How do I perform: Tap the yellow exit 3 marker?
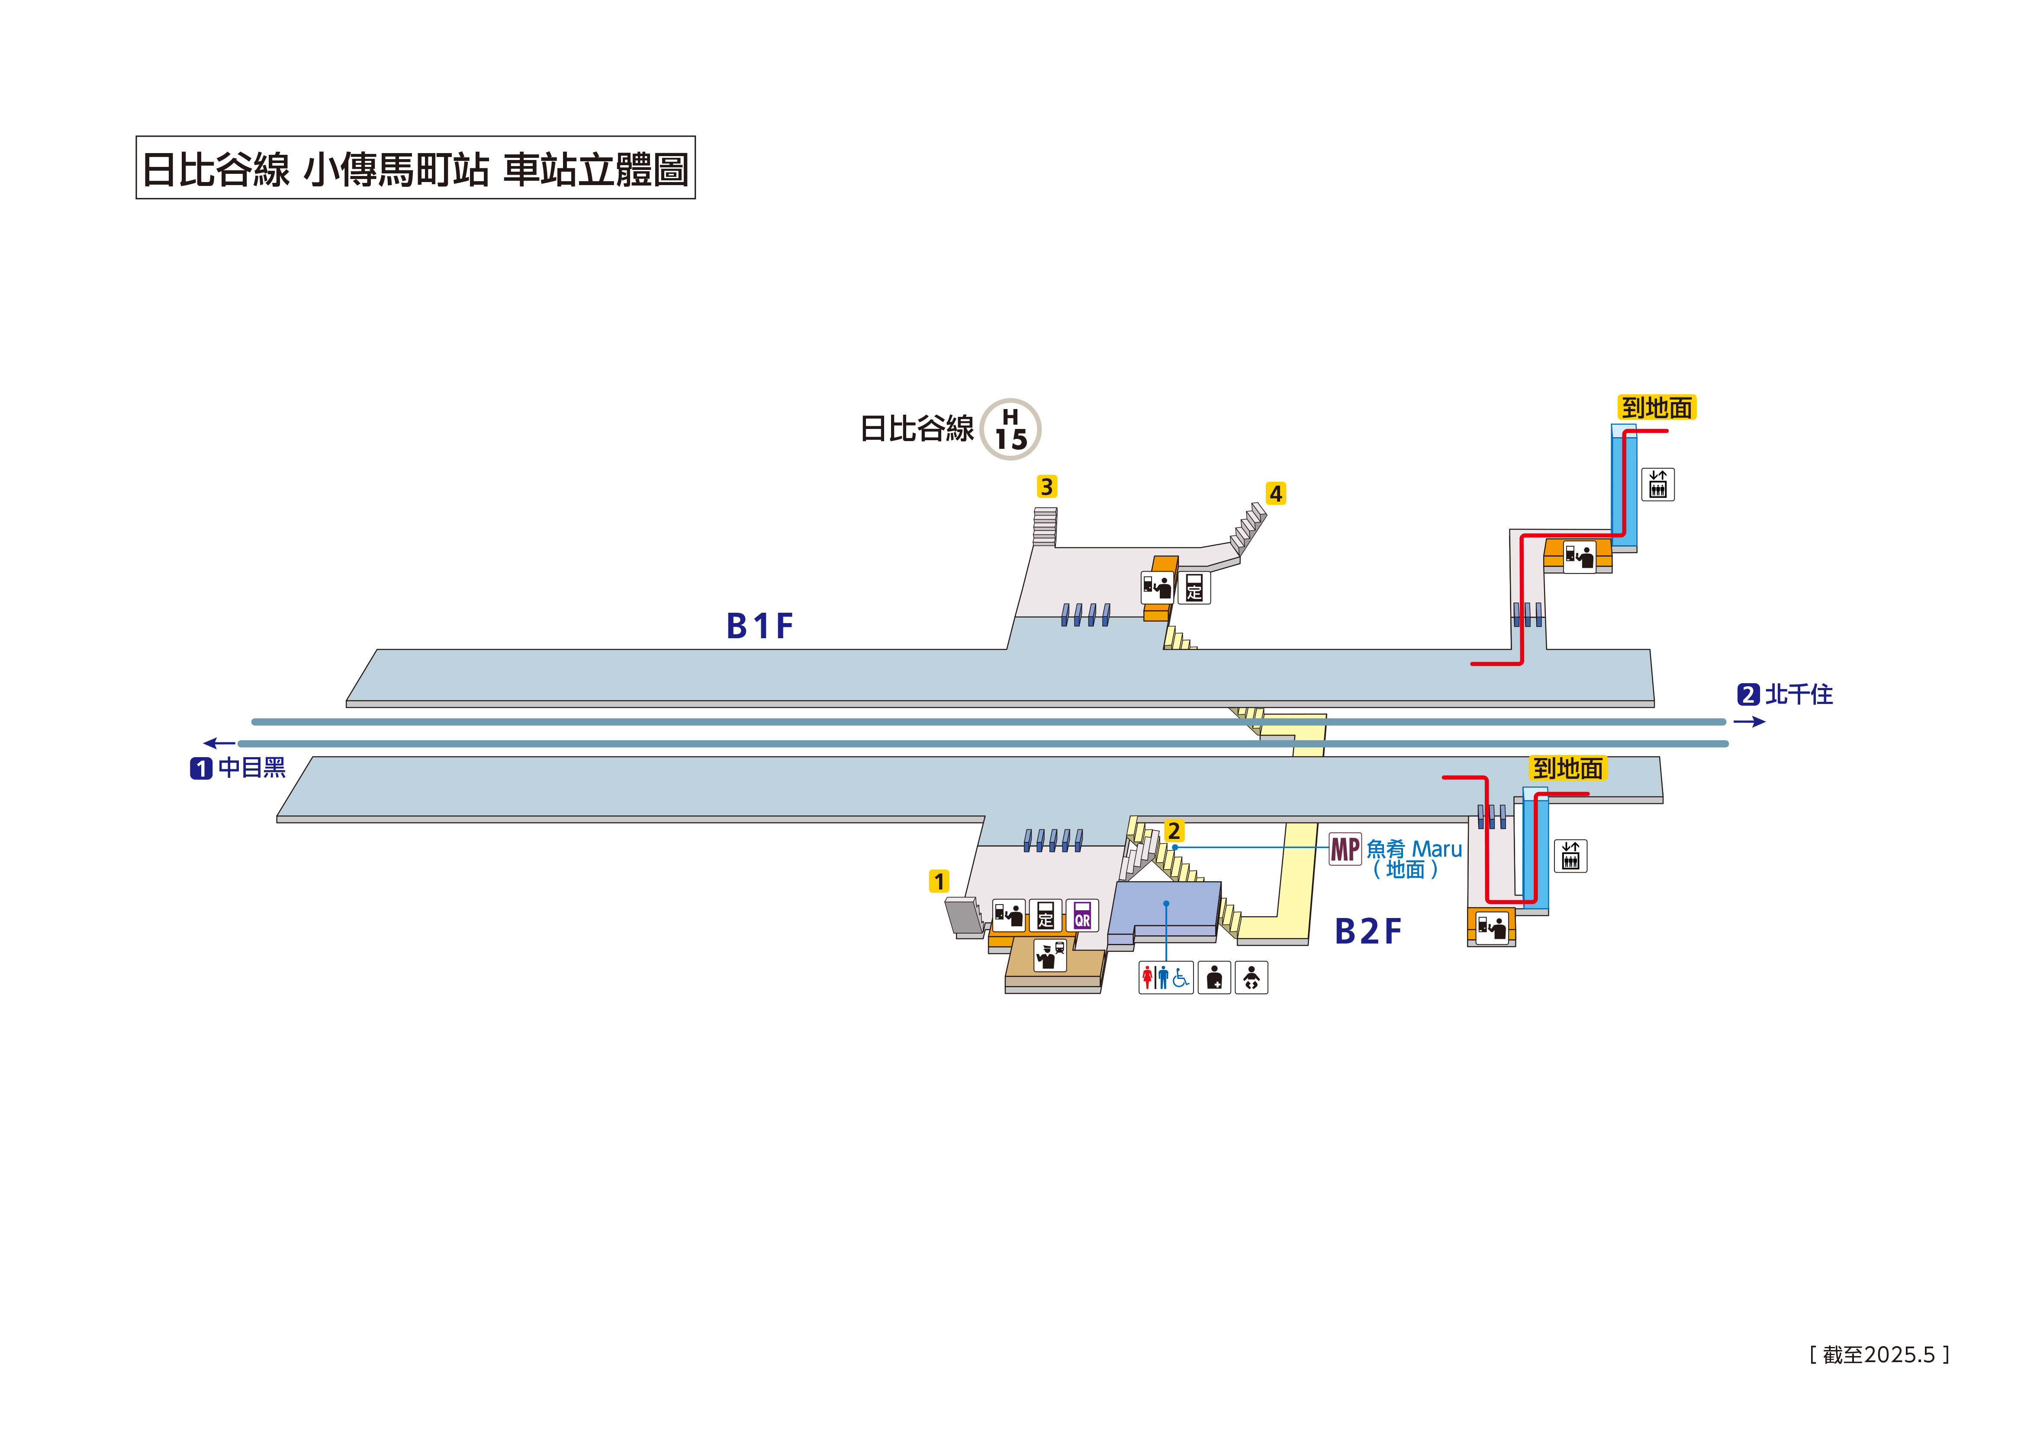click(1046, 486)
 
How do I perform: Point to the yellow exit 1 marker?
click(939, 881)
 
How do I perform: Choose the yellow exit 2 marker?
click(1173, 831)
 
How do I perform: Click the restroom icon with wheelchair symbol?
click(1165, 977)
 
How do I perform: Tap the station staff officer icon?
click(1049, 955)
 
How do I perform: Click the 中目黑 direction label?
click(251, 768)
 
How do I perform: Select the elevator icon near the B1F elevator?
click(1657, 485)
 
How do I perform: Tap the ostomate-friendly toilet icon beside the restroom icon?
click(1214, 977)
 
